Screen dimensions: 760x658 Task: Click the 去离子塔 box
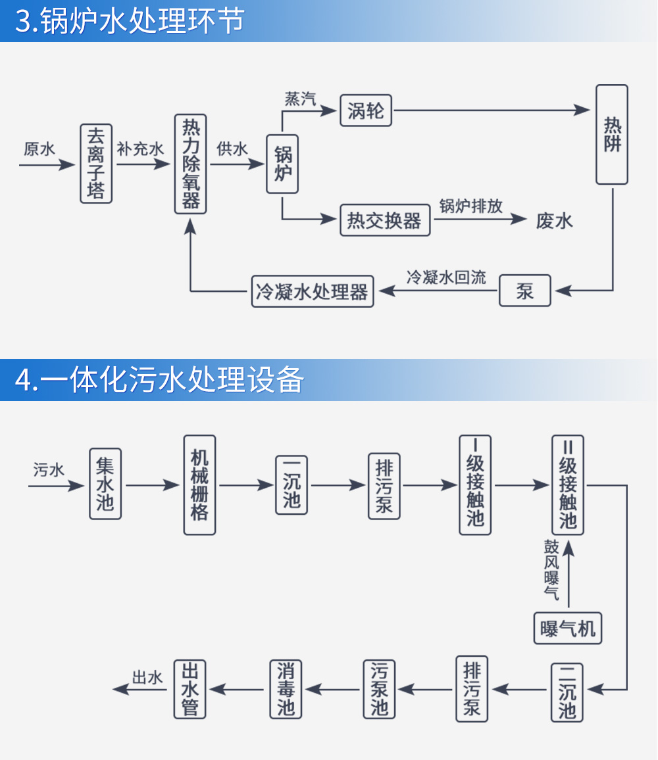(96, 163)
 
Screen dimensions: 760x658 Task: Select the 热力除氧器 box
(191, 164)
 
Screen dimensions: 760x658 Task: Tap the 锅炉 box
(283, 164)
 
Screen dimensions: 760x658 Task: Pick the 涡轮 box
(366, 110)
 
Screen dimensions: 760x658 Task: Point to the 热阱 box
(612, 135)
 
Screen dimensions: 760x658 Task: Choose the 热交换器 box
(385, 220)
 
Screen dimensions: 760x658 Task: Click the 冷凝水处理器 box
(313, 291)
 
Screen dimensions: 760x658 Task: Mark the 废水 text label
(554, 220)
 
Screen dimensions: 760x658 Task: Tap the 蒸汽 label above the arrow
(300, 99)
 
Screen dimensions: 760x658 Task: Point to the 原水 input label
(39, 149)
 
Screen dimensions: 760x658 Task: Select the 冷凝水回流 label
(446, 277)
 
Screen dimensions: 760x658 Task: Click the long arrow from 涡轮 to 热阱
(490, 110)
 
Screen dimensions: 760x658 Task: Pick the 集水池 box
(105, 484)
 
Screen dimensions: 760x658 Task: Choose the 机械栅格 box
(199, 485)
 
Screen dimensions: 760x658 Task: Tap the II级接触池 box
(568, 485)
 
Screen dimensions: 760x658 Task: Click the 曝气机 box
(568, 629)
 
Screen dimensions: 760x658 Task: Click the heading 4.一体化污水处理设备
(160, 380)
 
